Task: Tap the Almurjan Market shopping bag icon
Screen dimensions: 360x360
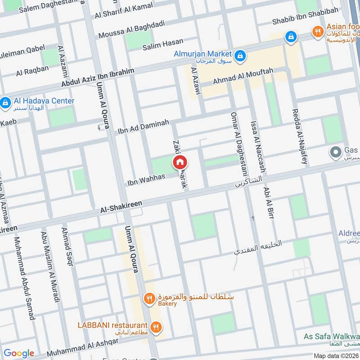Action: click(240, 55)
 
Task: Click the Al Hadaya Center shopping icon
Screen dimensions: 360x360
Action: click(5, 103)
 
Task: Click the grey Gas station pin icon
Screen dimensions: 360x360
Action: click(335, 153)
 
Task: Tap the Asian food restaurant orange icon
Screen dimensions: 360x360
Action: click(318, 32)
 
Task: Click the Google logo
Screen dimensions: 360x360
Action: click(19, 353)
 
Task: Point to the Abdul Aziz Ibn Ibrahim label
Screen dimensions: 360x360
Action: click(98, 79)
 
